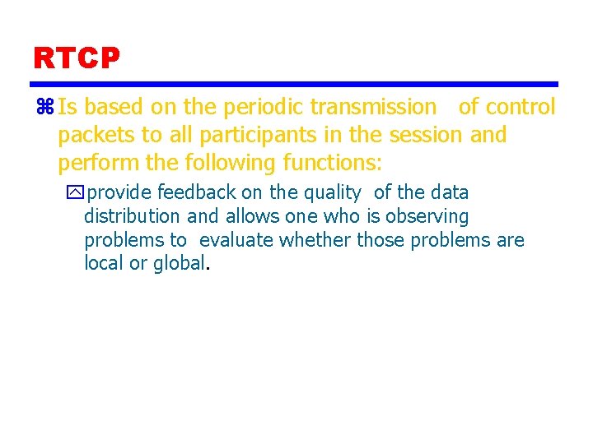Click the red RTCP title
tap(77, 58)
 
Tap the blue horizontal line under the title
tap(294, 84)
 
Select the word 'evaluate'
tap(237, 240)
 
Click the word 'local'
tap(102, 263)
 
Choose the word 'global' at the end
tap(179, 263)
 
